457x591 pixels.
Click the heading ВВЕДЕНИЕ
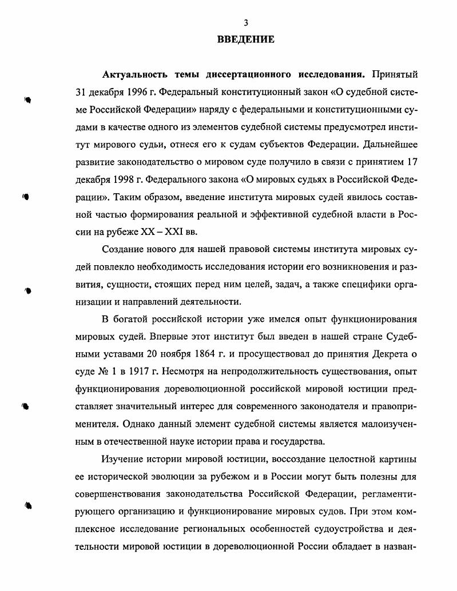pos(246,39)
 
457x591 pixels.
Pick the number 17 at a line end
pos(411,162)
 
